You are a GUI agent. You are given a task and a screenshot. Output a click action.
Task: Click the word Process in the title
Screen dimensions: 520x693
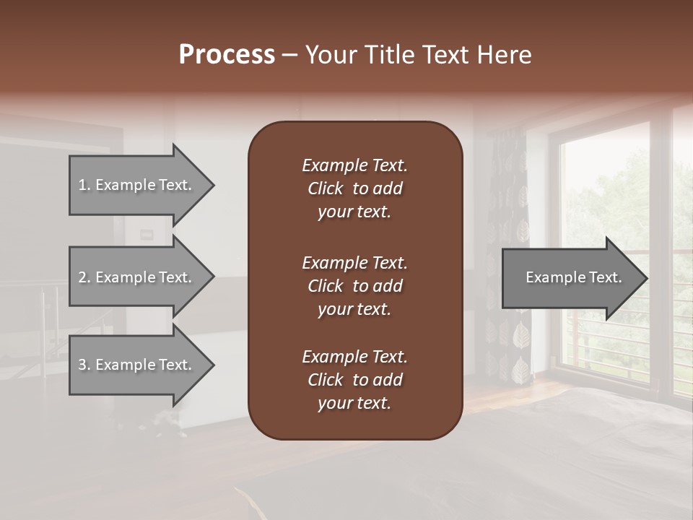click(x=227, y=55)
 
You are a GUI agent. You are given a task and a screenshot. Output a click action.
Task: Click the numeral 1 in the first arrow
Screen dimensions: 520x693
click(x=82, y=185)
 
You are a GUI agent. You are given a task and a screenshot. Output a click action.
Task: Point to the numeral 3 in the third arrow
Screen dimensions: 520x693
click(x=82, y=365)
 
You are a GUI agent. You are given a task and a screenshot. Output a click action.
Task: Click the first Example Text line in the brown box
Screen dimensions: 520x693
click(x=354, y=165)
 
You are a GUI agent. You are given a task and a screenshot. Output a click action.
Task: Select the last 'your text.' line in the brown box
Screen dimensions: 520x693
click(x=354, y=404)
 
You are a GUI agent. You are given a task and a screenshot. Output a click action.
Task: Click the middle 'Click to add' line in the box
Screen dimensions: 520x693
click(x=354, y=286)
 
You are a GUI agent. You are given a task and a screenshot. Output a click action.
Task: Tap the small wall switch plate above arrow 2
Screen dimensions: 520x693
click(x=147, y=233)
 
